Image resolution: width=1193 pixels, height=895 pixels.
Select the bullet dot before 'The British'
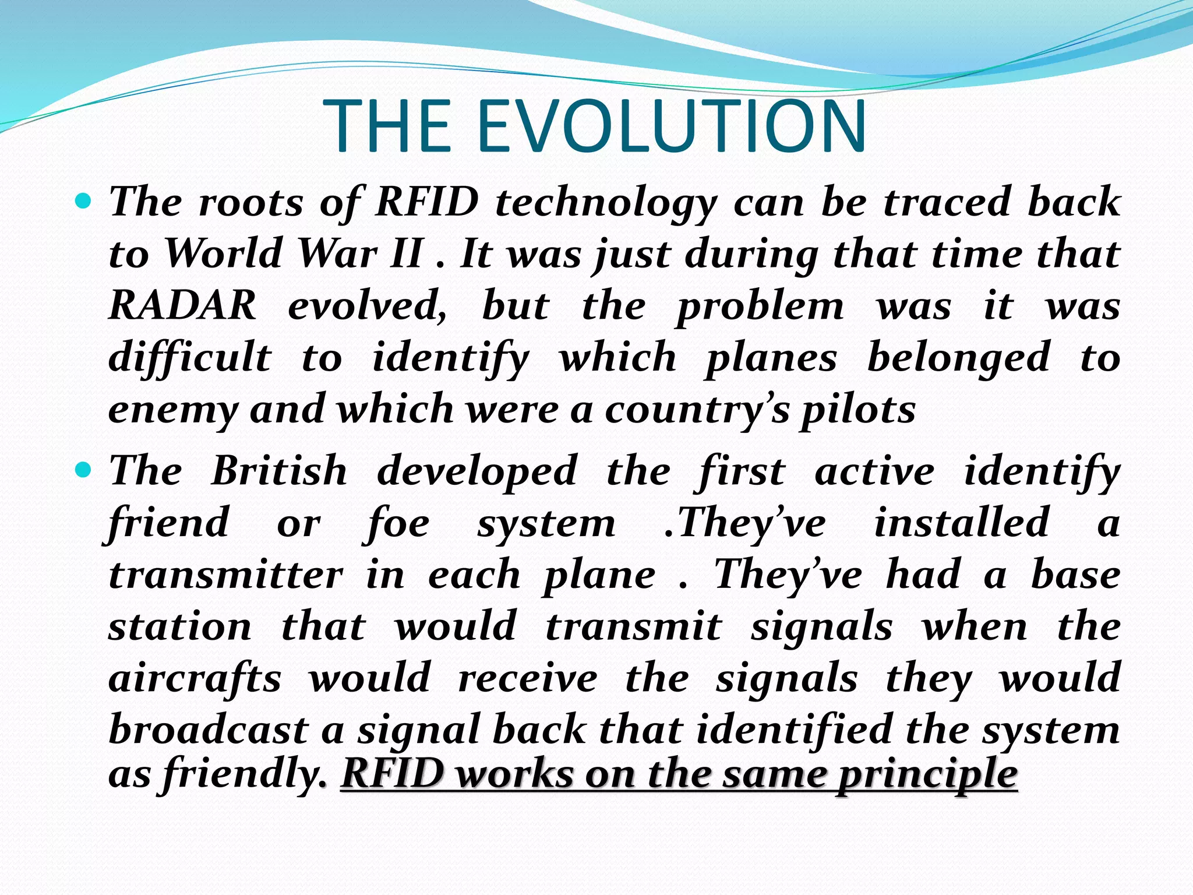tap(84, 470)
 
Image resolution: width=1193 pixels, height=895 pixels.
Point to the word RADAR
tap(182, 306)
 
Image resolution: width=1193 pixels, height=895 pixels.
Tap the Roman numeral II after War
tap(405, 254)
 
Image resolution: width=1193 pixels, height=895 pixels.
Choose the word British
tap(280, 471)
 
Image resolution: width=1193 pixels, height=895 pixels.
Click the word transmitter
tap(226, 575)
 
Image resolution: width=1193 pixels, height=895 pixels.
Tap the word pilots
tap(857, 410)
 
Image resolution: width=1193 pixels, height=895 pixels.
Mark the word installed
tap(962, 523)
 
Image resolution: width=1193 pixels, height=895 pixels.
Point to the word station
tap(180, 627)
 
